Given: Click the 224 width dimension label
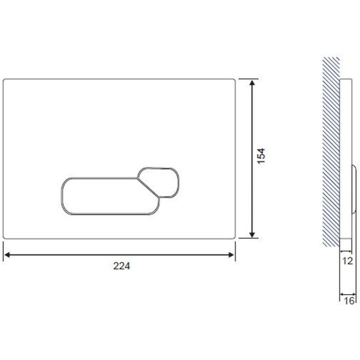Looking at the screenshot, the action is pos(121,266).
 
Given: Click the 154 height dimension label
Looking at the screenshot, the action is pos(261,156).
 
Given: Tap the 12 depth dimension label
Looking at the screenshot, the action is pos(347,261).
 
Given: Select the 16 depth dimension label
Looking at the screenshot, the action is pos(349,301).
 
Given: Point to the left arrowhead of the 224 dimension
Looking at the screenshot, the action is pos(7,255).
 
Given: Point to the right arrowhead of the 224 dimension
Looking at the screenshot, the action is pos(231,255).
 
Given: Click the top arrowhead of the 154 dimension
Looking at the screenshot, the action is pos(252,83).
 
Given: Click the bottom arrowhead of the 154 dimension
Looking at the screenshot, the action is pos(252,234).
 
